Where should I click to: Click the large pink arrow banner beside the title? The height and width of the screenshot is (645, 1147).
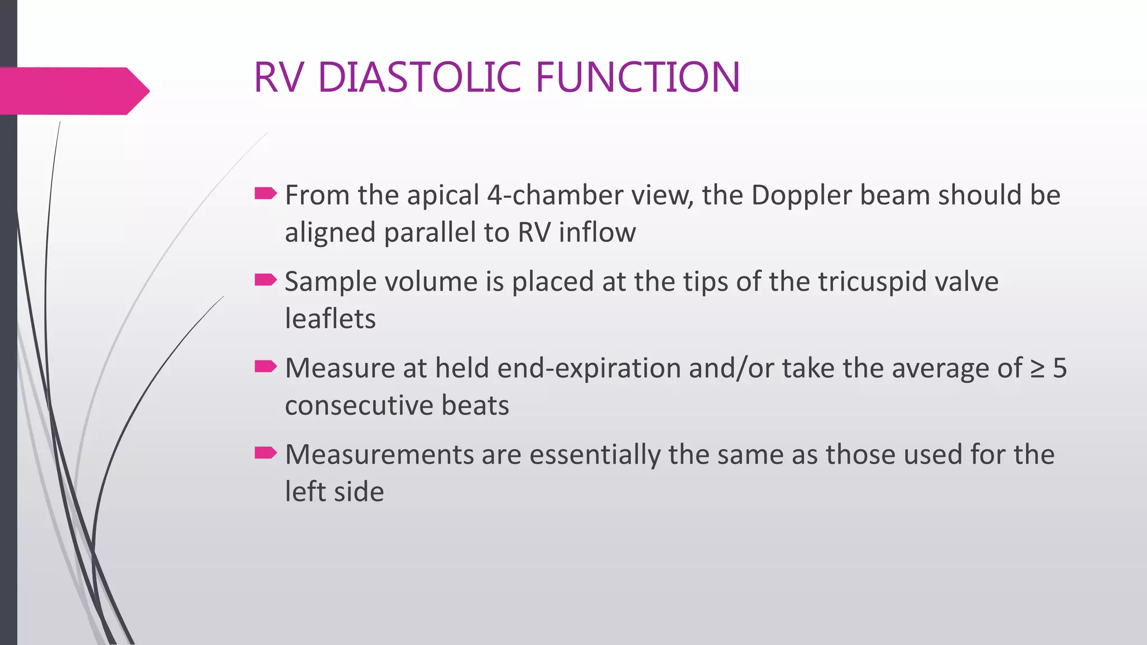(x=73, y=91)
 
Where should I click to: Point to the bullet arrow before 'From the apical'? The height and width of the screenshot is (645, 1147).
(x=265, y=194)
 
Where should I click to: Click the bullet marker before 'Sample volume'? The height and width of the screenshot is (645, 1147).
(x=265, y=280)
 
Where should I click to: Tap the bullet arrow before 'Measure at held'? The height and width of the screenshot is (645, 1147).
(x=265, y=367)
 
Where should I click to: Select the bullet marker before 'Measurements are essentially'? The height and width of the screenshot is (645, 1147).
(x=265, y=453)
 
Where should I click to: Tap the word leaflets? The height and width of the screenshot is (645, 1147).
(x=330, y=319)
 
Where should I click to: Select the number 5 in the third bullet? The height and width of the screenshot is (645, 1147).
(x=1060, y=368)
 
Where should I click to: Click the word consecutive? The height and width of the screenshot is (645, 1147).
(x=358, y=405)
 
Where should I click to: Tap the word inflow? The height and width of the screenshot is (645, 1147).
(x=597, y=232)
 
